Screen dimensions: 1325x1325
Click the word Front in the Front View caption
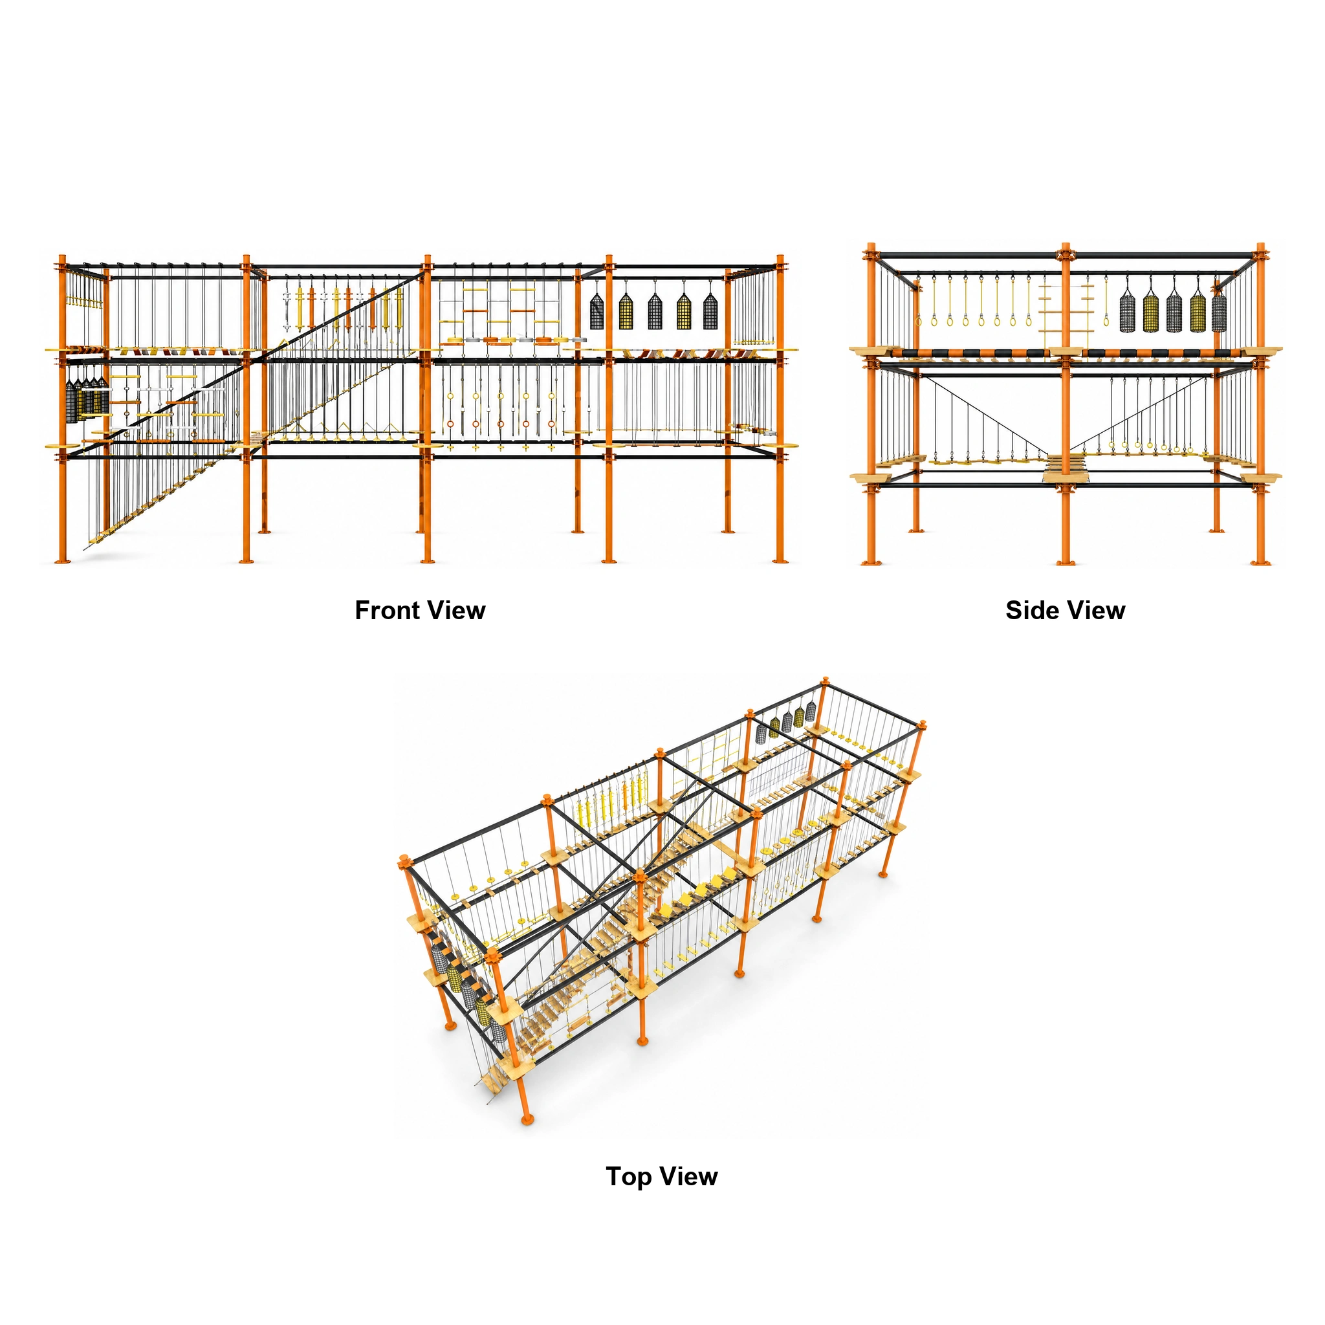pos(387,609)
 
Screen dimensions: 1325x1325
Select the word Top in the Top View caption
pos(628,1176)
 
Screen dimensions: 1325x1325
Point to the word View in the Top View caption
pos(689,1176)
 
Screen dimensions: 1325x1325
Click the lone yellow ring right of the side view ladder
pos(1106,320)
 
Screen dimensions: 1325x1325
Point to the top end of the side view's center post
pos(1065,245)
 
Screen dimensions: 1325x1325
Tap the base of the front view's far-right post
pos(780,562)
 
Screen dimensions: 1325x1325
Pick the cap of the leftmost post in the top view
pos(403,860)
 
